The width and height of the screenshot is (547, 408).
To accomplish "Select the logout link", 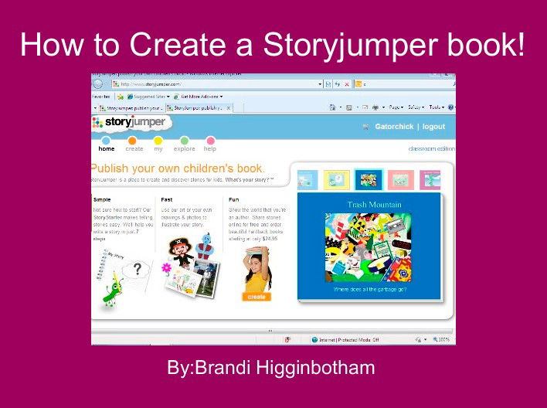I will pyautogui.click(x=433, y=127).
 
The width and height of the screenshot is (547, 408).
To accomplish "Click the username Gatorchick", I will pyautogui.click(x=394, y=127).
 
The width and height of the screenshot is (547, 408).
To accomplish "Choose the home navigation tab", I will pyautogui.click(x=107, y=148).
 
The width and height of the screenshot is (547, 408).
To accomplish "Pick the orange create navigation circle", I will pyautogui.click(x=132, y=141).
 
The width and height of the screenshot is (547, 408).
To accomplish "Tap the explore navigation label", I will pyautogui.click(x=185, y=148).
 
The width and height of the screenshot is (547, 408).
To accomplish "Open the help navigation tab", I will pyautogui.click(x=210, y=148).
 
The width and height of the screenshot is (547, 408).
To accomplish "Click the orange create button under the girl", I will pyautogui.click(x=257, y=296).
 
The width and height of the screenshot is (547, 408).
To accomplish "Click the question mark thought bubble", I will pyautogui.click(x=138, y=269).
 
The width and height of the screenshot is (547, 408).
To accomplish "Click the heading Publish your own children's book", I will pyautogui.click(x=178, y=168).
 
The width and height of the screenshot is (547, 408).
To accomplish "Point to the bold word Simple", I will pyautogui.click(x=101, y=199).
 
